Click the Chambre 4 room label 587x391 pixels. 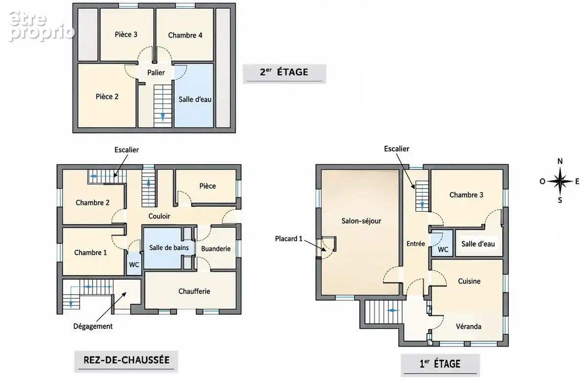click(x=185, y=35)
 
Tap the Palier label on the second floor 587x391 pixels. click(x=156, y=72)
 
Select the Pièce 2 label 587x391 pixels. click(x=107, y=97)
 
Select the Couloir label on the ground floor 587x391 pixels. click(x=159, y=216)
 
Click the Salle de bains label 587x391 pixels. click(x=169, y=248)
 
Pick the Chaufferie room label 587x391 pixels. click(x=194, y=291)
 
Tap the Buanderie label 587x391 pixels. click(x=216, y=249)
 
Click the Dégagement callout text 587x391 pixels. click(x=93, y=326)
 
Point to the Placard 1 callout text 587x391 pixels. click(x=289, y=239)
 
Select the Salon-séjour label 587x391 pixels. click(x=361, y=221)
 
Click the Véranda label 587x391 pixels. click(x=469, y=326)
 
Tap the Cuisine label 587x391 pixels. click(x=469, y=281)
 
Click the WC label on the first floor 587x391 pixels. click(x=443, y=250)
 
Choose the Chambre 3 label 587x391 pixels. click(x=466, y=195)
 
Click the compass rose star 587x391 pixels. click(x=560, y=181)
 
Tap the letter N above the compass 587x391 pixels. click(x=560, y=161)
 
